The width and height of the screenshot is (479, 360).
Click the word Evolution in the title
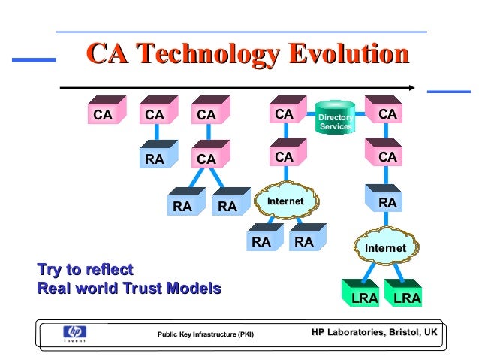click(338, 55)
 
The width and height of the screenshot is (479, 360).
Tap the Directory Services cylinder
click(334, 119)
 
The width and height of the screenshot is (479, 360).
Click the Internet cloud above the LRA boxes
click(384, 247)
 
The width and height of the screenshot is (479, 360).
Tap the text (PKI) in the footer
click(245, 334)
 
